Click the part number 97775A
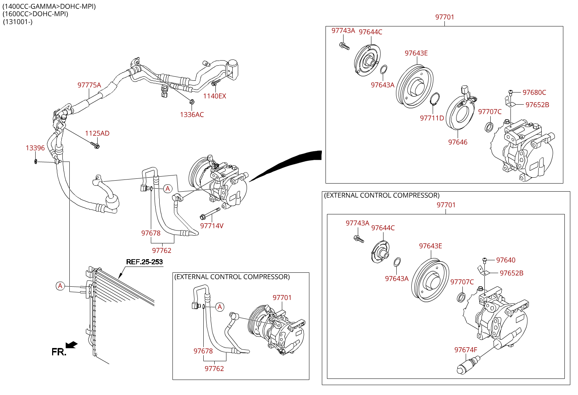pyautogui.click(x=89, y=85)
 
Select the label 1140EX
pyautogui.click(x=215, y=96)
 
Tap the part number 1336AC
pyautogui.click(x=192, y=115)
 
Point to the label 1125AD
pyautogui.click(x=97, y=134)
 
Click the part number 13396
pyautogui.click(x=35, y=148)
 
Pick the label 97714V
pyautogui.click(x=212, y=226)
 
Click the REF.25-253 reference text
pyautogui.click(x=144, y=262)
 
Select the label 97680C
pyautogui.click(x=534, y=93)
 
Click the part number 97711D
pyautogui.click(x=432, y=118)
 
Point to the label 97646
pyautogui.click(x=458, y=142)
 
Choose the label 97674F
pyautogui.click(x=466, y=350)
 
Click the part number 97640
pyautogui.click(x=506, y=260)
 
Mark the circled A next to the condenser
pyautogui.click(x=61, y=286)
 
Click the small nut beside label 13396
pyautogui.click(x=36, y=161)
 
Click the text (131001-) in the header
pyautogui.click(x=18, y=22)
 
